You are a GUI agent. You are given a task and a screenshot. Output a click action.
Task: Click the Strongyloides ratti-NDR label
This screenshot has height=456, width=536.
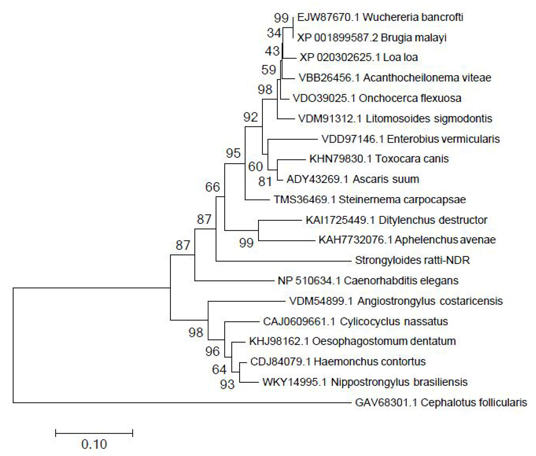coord(412,260)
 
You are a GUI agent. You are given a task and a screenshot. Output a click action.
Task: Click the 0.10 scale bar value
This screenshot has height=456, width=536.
coord(94,444)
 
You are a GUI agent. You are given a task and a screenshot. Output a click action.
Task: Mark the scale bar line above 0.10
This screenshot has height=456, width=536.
coord(94,433)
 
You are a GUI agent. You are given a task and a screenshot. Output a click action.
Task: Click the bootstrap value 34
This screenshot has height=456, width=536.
coord(274,33)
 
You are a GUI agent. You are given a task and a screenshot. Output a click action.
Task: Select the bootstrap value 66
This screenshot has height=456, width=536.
coord(213,187)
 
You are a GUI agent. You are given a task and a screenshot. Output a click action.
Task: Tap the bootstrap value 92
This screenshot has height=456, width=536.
coord(251,117)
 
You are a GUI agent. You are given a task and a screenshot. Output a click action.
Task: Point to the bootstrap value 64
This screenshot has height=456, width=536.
coord(219,370)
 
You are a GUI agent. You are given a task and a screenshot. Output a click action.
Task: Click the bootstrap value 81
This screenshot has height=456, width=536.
coord(265,182)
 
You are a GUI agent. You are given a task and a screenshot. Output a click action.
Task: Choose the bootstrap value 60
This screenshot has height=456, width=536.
coord(256,167)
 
